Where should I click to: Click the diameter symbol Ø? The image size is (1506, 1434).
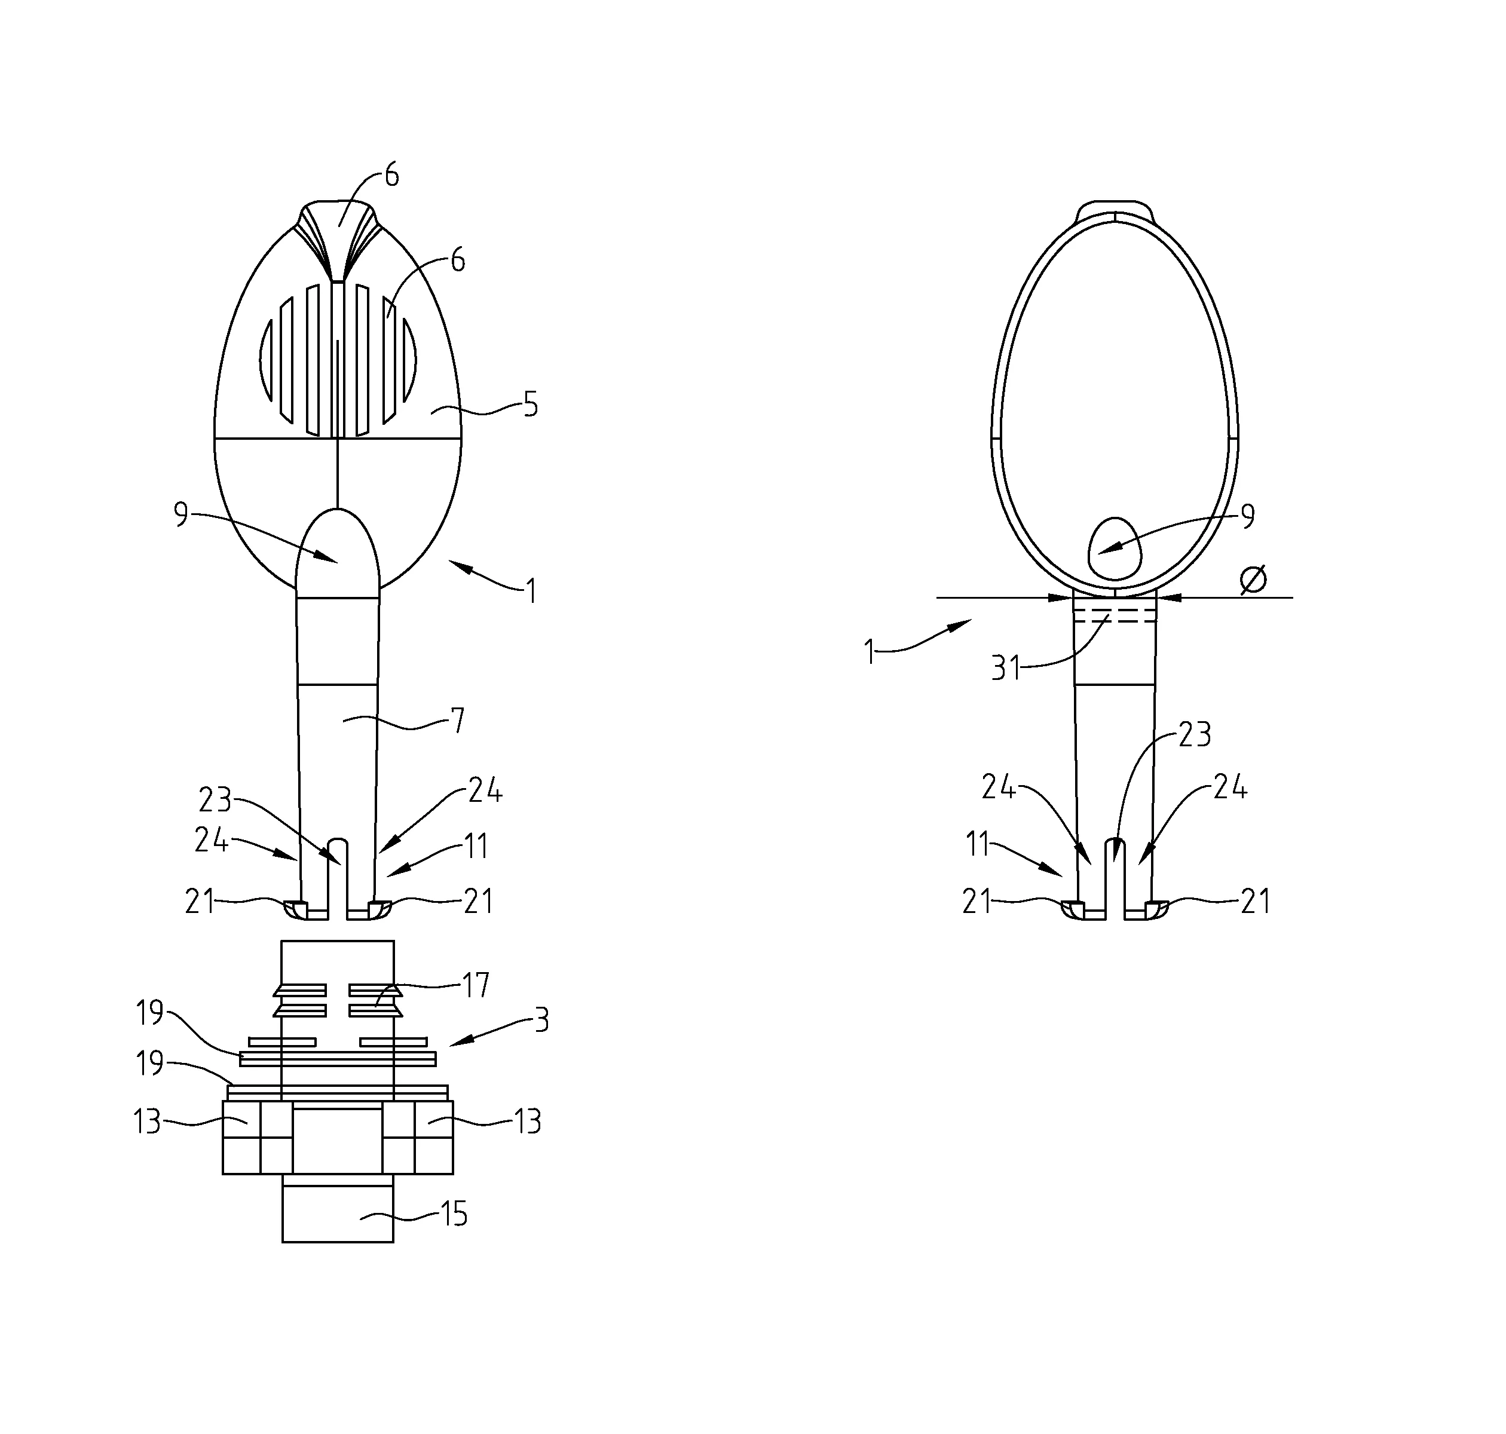1253,580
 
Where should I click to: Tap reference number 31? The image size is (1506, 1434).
1006,668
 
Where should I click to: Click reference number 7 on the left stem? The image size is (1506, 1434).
457,721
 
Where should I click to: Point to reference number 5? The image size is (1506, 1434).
529,405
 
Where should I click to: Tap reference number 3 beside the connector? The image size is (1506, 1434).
541,1021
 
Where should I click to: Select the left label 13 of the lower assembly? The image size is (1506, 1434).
147,1122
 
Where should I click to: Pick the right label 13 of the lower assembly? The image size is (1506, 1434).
528,1122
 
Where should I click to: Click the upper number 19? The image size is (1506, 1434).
151,1013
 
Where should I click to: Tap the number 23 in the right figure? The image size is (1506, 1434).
1196,734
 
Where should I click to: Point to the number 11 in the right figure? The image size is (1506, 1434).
978,845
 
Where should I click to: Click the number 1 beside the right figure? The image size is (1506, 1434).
869,654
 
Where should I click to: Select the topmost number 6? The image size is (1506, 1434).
391,176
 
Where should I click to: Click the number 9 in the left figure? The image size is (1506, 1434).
181,514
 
